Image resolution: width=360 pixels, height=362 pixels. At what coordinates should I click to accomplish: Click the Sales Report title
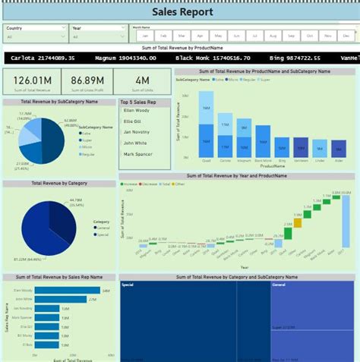[x=182, y=11]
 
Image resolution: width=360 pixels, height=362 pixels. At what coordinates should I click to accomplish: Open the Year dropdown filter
[x=98, y=36]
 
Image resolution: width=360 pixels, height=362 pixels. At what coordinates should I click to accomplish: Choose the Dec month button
[x=346, y=36]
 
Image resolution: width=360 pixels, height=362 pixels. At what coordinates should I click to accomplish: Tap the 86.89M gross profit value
[x=87, y=80]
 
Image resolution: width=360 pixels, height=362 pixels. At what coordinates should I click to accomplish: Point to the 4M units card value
[x=142, y=80]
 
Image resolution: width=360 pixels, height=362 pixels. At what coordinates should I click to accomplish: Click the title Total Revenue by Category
[x=58, y=183]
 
